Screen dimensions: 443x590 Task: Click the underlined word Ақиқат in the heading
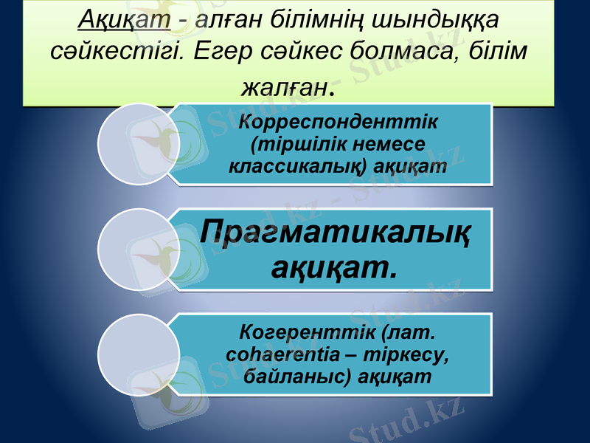(124, 18)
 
